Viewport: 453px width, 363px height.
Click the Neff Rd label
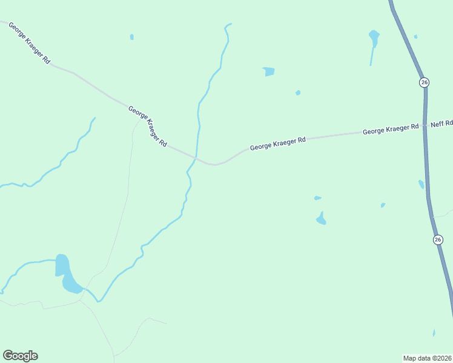[441, 124]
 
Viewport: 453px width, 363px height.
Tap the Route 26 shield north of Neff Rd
[424, 82]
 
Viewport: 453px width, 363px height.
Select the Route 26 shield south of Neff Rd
[438, 240]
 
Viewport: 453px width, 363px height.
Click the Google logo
[20, 356]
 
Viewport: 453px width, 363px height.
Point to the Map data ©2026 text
[427, 358]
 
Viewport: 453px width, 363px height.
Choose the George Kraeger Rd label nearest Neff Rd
[391, 129]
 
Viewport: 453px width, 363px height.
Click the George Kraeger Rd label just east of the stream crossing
[278, 143]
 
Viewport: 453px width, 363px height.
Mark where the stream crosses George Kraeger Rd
[195, 159]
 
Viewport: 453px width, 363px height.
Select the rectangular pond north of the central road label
[269, 71]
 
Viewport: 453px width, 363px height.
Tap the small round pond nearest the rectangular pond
[298, 93]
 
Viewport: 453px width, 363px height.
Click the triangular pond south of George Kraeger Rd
[321, 219]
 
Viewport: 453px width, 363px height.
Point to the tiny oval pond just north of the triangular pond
[317, 198]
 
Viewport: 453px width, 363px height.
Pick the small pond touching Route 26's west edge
[421, 184]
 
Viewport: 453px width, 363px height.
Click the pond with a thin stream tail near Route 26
[374, 38]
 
